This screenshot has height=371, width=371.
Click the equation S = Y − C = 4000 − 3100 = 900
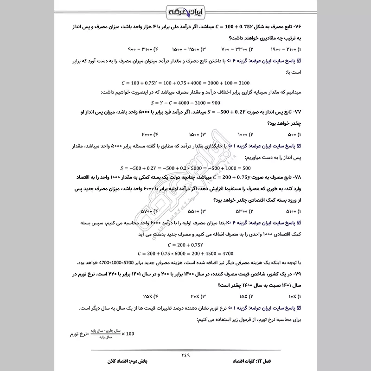point(185,102)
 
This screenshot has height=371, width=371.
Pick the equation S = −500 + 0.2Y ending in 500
point(185,168)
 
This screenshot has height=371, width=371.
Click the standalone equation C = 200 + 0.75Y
point(185,244)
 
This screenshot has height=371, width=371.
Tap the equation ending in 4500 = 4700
point(185,254)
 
